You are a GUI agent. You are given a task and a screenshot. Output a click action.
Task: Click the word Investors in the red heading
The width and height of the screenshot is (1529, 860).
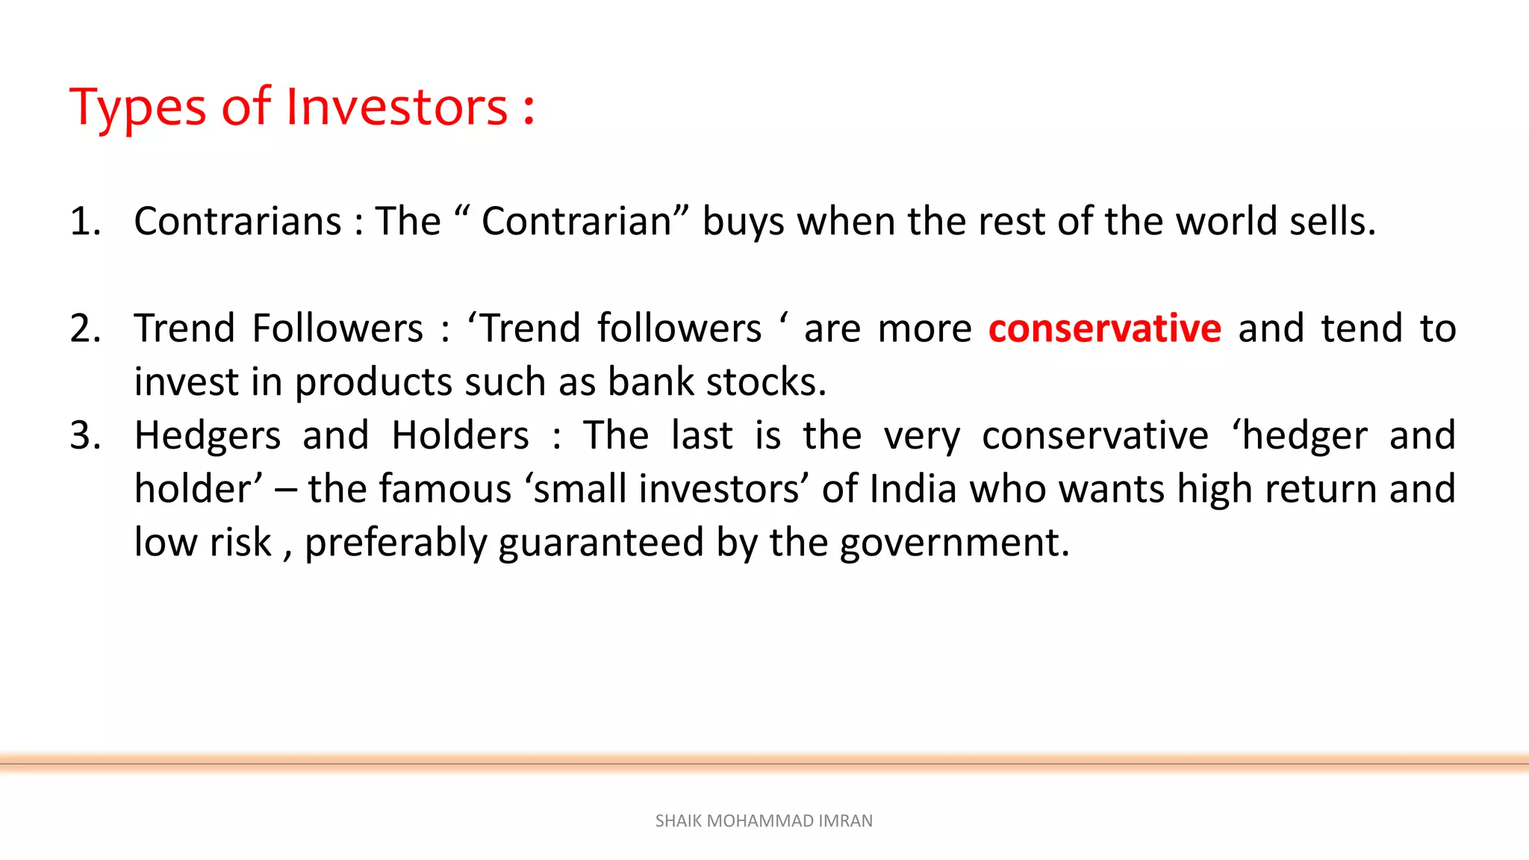tap(396, 107)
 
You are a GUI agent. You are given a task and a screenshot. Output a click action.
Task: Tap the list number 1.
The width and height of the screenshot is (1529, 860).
tap(84, 222)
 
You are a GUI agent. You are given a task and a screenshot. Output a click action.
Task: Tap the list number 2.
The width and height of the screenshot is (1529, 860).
tap(85, 328)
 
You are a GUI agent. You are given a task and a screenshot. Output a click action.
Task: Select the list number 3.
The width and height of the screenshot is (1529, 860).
tap(85, 435)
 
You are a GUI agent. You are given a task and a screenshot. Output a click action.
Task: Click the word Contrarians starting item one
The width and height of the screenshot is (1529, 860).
tap(237, 222)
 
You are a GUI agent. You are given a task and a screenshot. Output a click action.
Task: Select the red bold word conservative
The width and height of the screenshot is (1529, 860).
tap(1104, 328)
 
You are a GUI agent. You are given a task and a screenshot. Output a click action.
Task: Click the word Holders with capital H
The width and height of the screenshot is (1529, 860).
tap(460, 435)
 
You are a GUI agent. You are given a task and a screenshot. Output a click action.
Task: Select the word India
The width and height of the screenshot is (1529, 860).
tap(913, 490)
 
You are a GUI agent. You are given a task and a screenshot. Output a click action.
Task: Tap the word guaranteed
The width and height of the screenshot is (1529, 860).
tap(601, 543)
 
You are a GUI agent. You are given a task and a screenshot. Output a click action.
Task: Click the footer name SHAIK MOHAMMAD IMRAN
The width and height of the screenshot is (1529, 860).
tap(764, 821)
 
